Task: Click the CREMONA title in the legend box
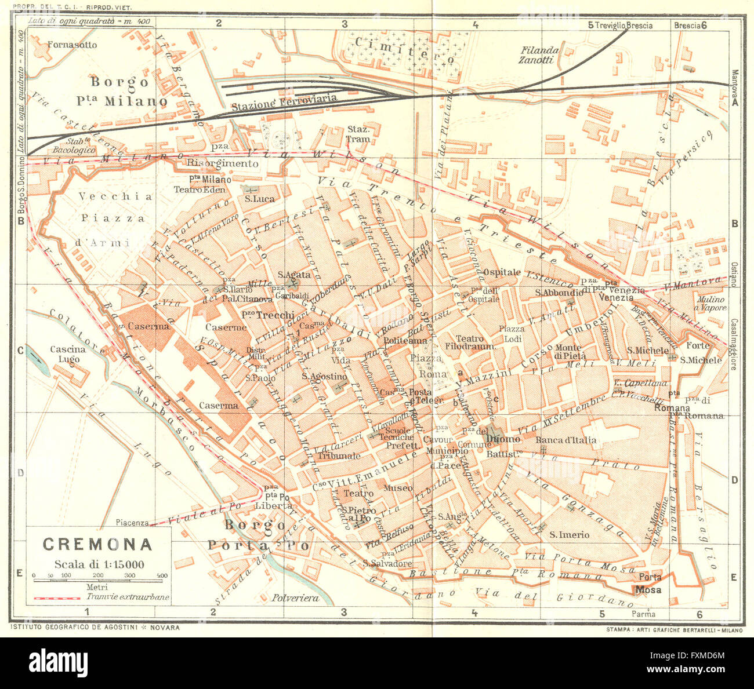click(x=97, y=544)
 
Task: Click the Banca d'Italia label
click(x=565, y=440)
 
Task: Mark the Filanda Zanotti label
click(x=539, y=55)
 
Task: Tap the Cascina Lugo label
click(x=68, y=354)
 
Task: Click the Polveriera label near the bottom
click(x=296, y=597)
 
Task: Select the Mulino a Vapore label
click(x=711, y=304)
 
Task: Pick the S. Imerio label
click(x=569, y=534)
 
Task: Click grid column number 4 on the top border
click(x=475, y=24)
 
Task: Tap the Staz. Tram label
click(x=358, y=134)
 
